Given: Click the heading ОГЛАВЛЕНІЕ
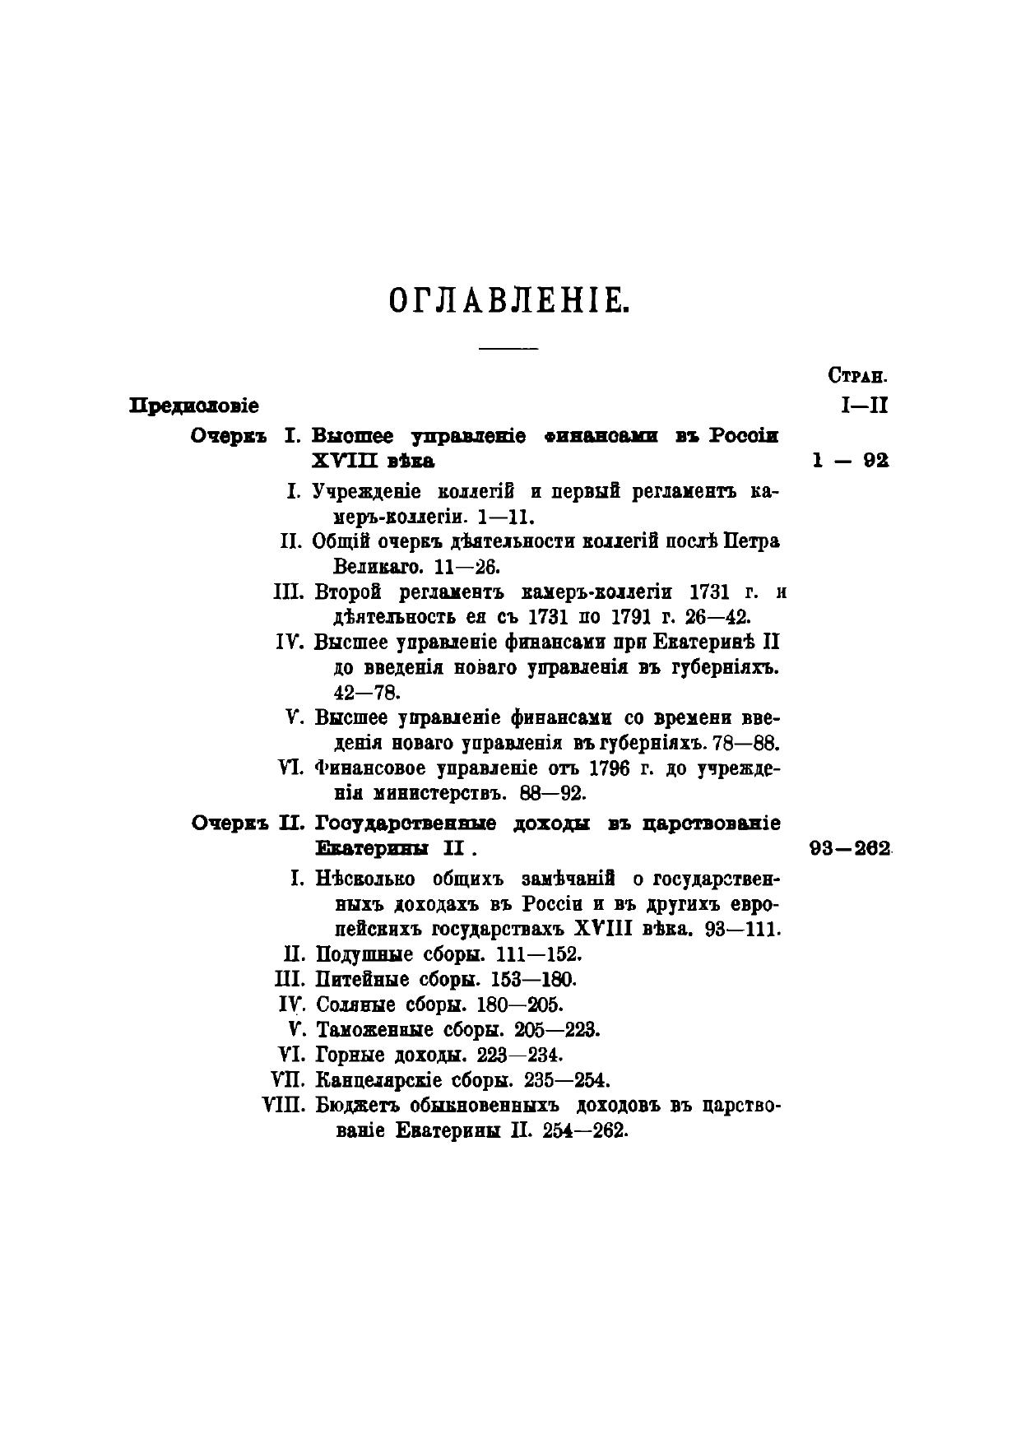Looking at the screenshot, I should (508, 302).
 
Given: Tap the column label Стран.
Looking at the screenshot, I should (857, 378).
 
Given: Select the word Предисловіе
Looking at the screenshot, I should (194, 406).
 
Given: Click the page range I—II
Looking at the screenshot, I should (865, 406).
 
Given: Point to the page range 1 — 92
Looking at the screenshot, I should (850, 461).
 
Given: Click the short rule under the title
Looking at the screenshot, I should (508, 350).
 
